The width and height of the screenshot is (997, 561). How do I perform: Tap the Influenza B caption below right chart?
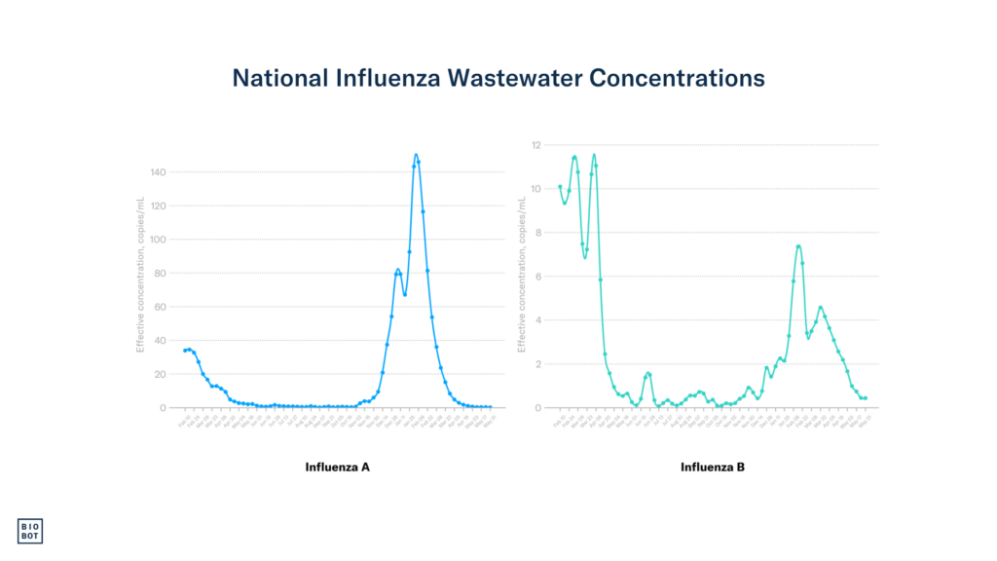click(713, 467)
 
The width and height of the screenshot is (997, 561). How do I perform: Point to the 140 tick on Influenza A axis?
click(158, 172)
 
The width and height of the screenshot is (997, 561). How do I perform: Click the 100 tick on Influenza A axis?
click(158, 240)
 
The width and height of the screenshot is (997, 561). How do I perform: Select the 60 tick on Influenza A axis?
click(161, 307)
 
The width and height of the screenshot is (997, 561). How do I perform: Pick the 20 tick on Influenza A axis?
click(161, 374)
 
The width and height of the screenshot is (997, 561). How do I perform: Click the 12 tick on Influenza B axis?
click(536, 145)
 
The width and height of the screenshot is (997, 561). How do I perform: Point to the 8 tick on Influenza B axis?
click(538, 233)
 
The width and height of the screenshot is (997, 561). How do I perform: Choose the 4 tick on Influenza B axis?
click(538, 320)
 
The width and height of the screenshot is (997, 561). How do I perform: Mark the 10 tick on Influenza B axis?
click(536, 189)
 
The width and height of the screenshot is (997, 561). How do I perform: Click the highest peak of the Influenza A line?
click(416, 154)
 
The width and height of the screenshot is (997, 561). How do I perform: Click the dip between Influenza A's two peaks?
click(404, 294)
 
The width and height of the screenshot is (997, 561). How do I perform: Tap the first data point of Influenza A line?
click(184, 351)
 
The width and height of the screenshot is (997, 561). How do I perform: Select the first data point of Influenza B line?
click(560, 186)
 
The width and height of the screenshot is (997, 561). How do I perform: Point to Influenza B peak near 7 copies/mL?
click(798, 245)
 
